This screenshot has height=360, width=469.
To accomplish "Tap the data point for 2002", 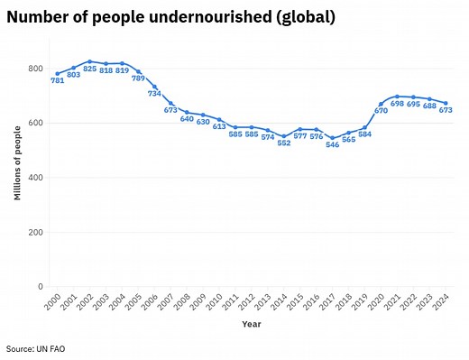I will [89, 61].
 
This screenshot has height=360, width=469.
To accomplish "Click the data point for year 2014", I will [284, 136].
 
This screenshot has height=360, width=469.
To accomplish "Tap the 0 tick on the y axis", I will [40, 287].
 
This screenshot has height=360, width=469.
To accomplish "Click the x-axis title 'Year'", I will [251, 325].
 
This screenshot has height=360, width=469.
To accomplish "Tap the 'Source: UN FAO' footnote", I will [36, 348].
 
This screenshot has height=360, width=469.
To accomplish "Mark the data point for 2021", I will [397, 97].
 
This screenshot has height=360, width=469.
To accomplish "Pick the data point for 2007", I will [170, 104].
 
